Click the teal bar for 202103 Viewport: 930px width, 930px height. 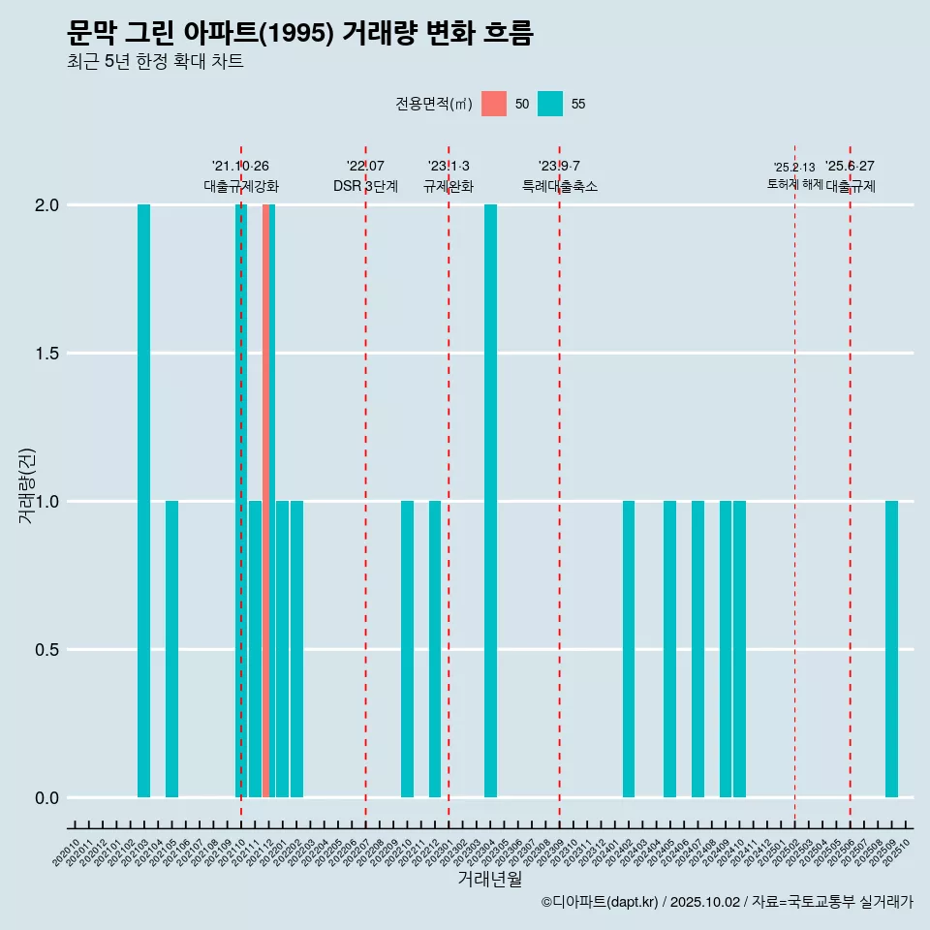tap(143, 501)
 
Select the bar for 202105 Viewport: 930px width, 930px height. tap(171, 649)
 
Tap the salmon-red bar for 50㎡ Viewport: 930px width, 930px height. tap(265, 501)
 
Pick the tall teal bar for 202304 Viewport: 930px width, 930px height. tap(490, 501)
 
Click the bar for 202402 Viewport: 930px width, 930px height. tap(629, 649)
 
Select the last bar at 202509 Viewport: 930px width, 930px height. tap(891, 649)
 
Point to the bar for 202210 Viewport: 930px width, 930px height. tap(407, 649)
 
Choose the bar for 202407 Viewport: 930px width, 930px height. tap(697, 649)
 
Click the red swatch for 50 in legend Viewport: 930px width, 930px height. tap(494, 104)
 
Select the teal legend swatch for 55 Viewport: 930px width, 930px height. tap(550, 104)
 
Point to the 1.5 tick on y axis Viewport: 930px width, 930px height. tap(46, 354)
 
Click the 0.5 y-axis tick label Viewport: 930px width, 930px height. tap(46, 650)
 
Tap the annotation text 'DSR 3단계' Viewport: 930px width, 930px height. tap(365, 186)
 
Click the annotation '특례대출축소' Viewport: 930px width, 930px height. tap(559, 186)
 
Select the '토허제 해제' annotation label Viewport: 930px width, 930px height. tap(794, 183)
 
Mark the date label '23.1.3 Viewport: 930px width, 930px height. tap(449, 166)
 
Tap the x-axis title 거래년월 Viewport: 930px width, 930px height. tap(489, 879)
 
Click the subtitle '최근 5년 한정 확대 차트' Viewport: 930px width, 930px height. tap(155, 62)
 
